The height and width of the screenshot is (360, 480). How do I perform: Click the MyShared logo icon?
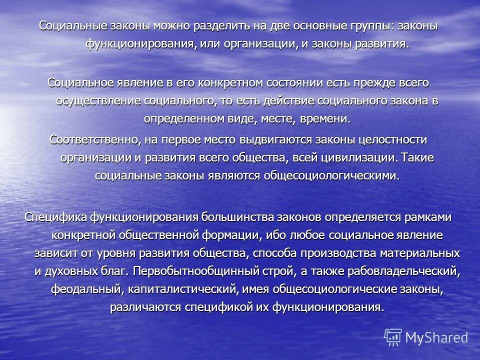click(x=393, y=337)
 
